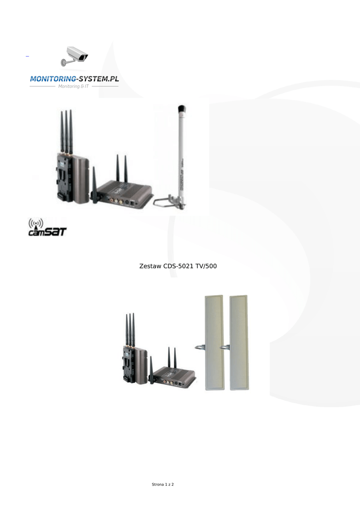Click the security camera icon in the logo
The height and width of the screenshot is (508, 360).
[74, 56]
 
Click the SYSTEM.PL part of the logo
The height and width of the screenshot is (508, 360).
[99, 78]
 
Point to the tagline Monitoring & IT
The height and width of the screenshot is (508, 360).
[73, 86]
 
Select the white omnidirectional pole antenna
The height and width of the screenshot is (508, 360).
[181, 154]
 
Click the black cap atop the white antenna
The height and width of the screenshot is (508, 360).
[181, 109]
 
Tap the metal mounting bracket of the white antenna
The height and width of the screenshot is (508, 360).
[171, 201]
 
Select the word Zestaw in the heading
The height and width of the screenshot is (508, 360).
[150, 267]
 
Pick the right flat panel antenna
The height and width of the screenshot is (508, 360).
[239, 342]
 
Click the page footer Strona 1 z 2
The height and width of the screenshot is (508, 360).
[166, 484]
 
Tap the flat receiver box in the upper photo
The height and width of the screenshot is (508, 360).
[124, 193]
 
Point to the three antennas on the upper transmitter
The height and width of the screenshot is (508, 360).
[67, 131]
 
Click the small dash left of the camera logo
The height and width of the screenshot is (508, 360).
[27, 57]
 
